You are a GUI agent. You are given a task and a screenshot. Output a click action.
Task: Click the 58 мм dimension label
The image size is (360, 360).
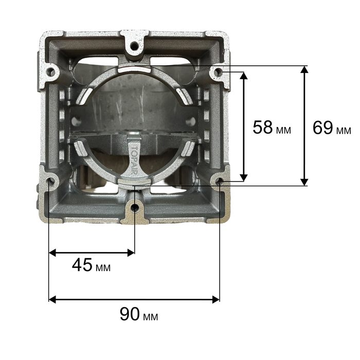click(272, 128)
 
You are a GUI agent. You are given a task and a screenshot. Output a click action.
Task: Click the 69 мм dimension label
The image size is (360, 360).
click(332, 128)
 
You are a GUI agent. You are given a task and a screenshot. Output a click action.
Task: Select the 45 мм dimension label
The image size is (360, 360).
click(91, 265)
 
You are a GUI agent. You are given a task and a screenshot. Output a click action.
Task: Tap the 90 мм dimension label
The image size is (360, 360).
click(139, 314)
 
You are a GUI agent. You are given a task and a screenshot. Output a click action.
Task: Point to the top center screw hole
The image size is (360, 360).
click(134, 46)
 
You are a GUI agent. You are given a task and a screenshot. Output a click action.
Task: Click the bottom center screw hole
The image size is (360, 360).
click(134, 208)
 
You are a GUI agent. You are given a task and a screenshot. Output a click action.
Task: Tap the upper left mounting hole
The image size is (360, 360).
click(51, 72)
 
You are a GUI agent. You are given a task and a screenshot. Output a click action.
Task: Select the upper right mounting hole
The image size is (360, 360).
click(218, 72)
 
